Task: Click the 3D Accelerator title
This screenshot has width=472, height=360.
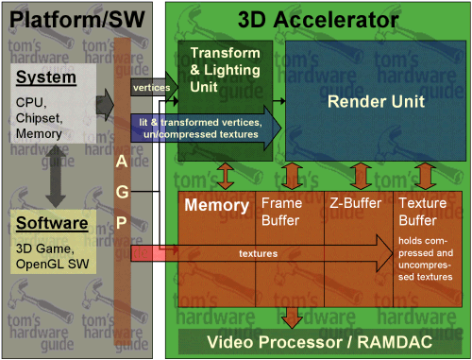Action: pos(317,18)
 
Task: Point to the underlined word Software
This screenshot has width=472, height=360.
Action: pos(53,224)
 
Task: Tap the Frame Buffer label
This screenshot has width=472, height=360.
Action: pos(280,211)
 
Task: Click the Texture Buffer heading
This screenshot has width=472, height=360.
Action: pos(424,211)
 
